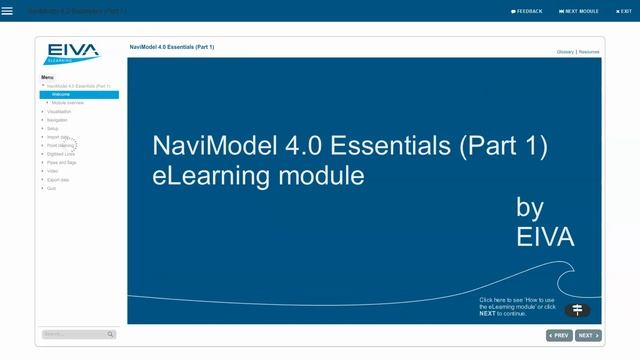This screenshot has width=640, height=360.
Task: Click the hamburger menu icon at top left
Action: coord(7,11)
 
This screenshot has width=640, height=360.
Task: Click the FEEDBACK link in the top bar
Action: coord(527,11)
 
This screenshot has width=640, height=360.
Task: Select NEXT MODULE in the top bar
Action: coord(582,11)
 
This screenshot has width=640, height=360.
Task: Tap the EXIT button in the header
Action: coord(624,11)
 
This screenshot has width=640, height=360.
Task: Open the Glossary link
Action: coord(565,51)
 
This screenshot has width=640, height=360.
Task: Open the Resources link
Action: coord(589,51)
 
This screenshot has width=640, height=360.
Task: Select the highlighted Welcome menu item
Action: coord(61,94)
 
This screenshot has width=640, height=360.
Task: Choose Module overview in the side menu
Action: coord(68,103)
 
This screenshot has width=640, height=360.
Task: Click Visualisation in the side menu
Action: coord(59,111)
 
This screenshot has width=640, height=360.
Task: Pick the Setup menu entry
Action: coord(53,128)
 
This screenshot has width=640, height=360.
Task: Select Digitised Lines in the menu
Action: coord(61,154)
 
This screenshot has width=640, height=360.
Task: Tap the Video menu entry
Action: coord(53,171)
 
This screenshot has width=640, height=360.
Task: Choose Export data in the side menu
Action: coord(58,179)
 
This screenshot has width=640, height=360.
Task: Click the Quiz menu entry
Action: coord(52,188)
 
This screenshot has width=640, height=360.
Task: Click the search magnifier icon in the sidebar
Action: coord(110,334)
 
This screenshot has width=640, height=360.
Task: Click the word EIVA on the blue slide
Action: coord(545,237)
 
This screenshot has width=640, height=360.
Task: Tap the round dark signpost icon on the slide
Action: coord(577,310)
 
